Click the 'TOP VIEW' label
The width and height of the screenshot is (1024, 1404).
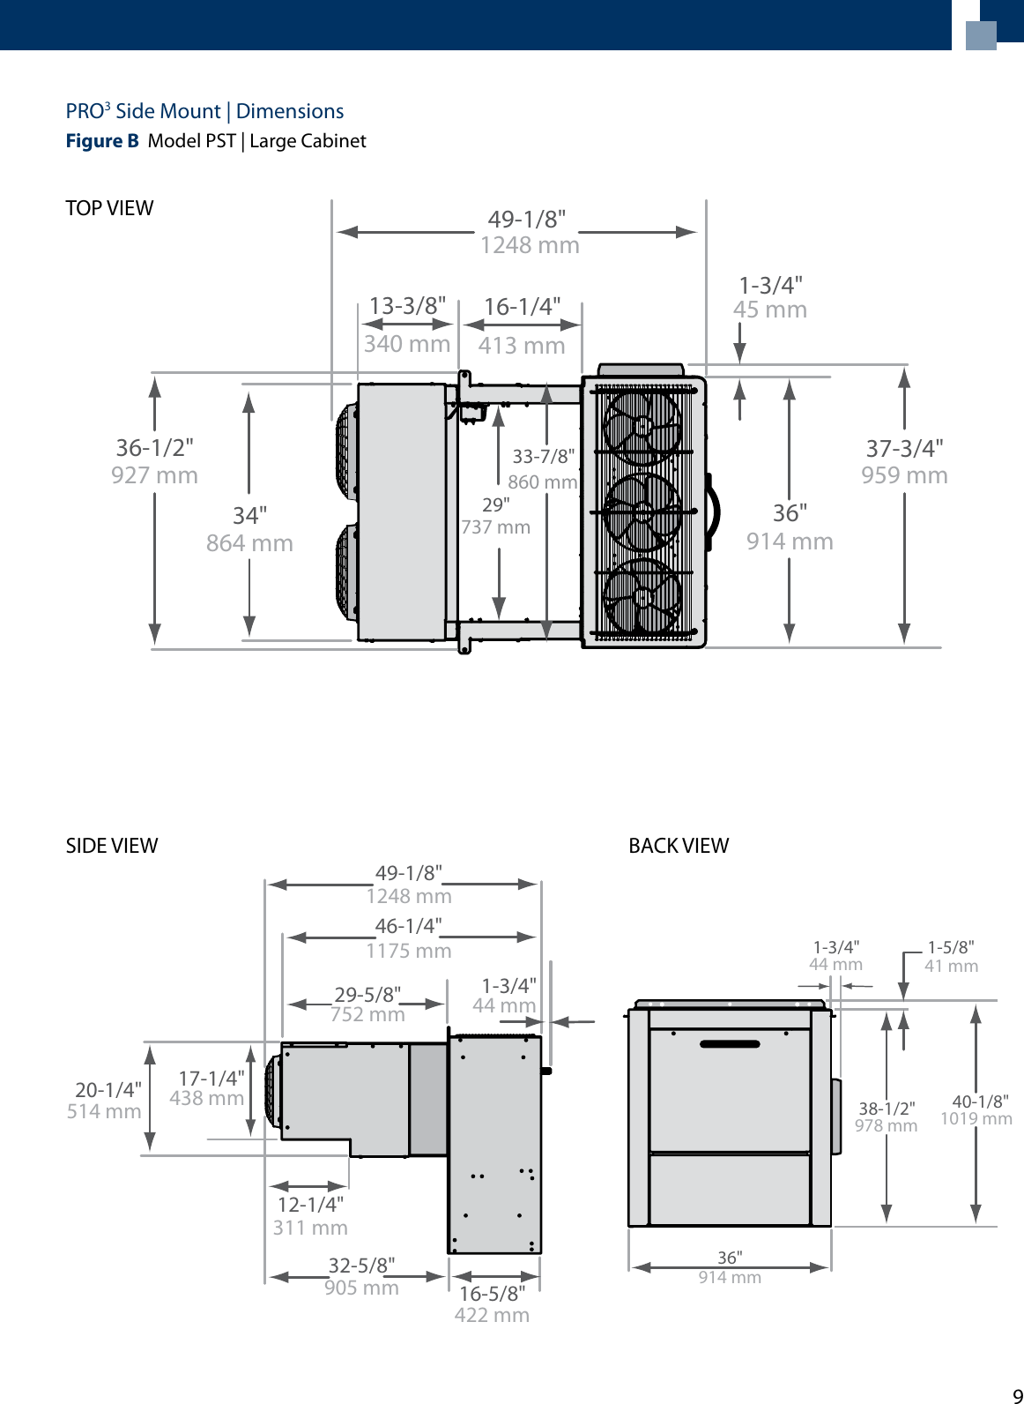click(x=109, y=208)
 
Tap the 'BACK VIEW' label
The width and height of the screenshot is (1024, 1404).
click(x=679, y=846)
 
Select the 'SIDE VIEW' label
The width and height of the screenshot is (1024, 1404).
click(x=112, y=846)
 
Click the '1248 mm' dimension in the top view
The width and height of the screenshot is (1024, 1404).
click(x=530, y=245)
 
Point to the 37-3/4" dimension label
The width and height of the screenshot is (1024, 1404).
click(x=904, y=448)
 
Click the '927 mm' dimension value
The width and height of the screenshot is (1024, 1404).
click(x=154, y=475)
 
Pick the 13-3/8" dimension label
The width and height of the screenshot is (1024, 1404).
click(x=407, y=306)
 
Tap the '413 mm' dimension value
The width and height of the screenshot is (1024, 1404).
click(x=522, y=346)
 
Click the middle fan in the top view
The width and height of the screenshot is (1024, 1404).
click(x=642, y=512)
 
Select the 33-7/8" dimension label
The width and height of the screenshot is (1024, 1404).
click(x=544, y=456)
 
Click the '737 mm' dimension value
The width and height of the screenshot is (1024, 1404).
click(x=496, y=527)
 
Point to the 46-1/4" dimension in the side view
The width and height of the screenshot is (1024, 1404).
click(x=408, y=926)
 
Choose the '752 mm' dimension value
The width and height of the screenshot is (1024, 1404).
click(x=367, y=1015)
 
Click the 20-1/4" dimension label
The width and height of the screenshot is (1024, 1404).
click(x=108, y=1090)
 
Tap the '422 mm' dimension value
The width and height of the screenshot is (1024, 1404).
click(x=492, y=1315)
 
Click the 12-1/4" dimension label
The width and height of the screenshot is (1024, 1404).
click(x=310, y=1205)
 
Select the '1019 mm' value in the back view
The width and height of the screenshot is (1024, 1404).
click(x=976, y=1119)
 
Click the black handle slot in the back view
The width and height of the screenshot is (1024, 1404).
click(x=730, y=1044)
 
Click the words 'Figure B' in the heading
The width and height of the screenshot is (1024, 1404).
click(x=102, y=141)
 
